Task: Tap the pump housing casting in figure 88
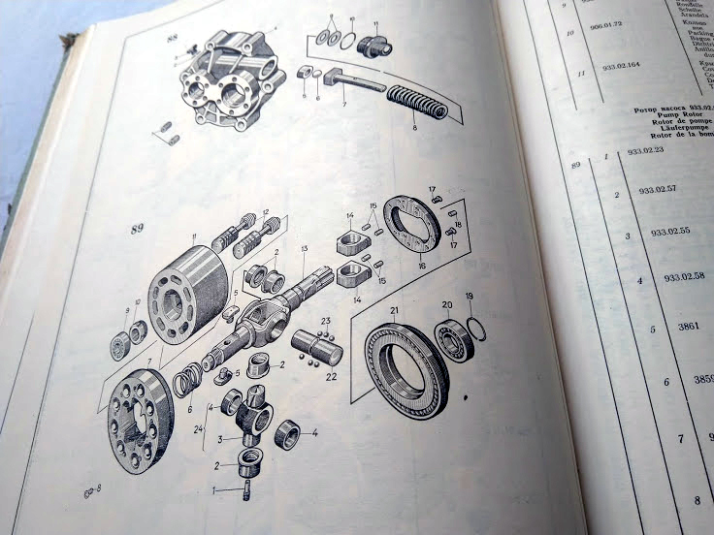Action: [234, 81]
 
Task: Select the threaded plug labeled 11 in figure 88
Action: [374, 45]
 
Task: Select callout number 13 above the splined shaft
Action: [304, 249]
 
